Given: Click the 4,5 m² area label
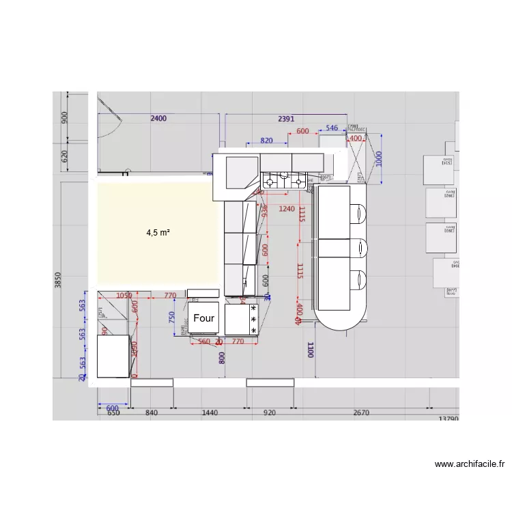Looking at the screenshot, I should tap(158, 232).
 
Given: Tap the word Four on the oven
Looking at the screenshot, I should tap(203, 318).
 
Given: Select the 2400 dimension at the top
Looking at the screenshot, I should tap(158, 119).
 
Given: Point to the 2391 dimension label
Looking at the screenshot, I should tap(286, 119).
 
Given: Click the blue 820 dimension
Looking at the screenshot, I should tap(266, 141).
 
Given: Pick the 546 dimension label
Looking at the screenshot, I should tap(332, 128).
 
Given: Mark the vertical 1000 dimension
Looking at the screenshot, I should tap(379, 158).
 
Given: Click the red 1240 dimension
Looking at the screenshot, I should tap(287, 209).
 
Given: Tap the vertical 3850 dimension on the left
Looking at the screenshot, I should tap(58, 280).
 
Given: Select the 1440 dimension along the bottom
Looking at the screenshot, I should tap(209, 412).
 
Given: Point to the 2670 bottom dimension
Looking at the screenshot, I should tap(361, 412).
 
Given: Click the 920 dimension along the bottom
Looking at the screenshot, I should tap(270, 412).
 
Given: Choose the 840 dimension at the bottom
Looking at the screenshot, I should tap(152, 412).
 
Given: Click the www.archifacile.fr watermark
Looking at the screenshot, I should tap(470, 464).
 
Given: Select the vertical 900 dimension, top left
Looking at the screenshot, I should tap(65, 117).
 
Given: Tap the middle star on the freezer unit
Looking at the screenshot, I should tap(254, 319).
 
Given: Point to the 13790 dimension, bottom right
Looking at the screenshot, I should tap(448, 418).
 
